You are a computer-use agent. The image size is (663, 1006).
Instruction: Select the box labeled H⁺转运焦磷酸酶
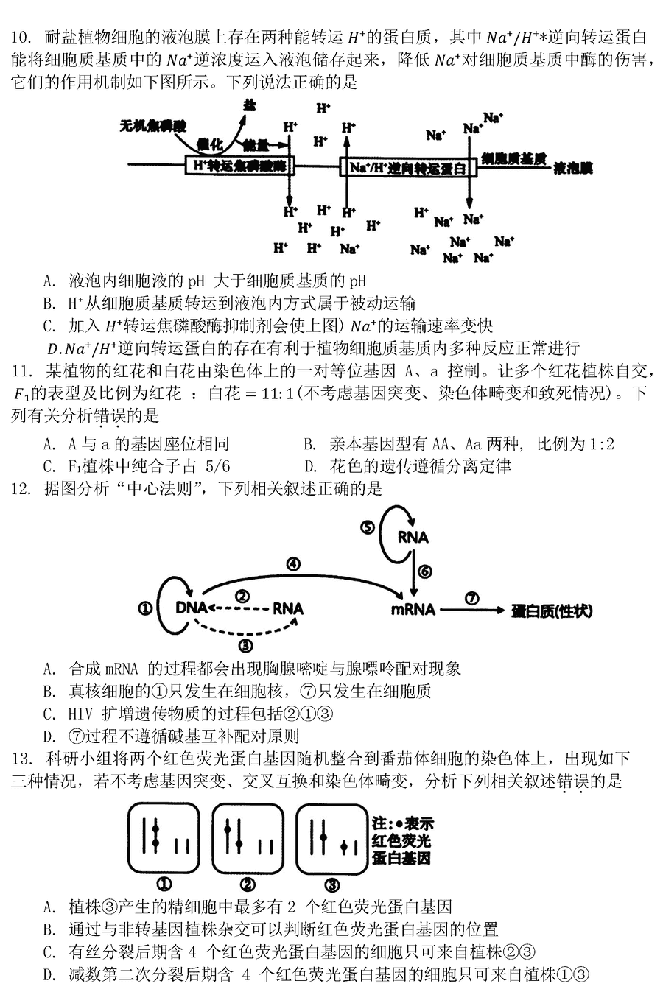coord(240,166)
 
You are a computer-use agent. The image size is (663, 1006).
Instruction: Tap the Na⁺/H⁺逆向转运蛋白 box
coord(408,167)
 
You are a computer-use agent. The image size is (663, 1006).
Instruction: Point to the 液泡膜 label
coord(572,167)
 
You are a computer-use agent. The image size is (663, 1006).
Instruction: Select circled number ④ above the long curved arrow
coord(294,564)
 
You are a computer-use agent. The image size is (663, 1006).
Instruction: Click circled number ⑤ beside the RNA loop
coord(368,527)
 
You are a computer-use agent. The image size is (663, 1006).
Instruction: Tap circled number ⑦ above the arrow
coord(472,598)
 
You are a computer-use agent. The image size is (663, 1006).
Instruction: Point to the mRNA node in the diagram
coord(413,610)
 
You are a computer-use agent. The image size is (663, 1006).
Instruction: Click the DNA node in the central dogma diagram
coord(191,608)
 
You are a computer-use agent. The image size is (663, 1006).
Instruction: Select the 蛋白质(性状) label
coord(552,611)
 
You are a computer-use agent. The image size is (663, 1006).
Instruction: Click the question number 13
coord(21,759)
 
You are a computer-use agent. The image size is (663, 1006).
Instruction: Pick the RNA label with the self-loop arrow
coord(413,537)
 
